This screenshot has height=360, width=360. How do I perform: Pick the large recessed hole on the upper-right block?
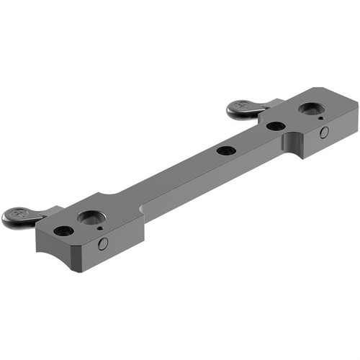pyautogui.click(x=310, y=109)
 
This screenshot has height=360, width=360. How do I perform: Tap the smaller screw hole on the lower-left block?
pyautogui.click(x=63, y=231)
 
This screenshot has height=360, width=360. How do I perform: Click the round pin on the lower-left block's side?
pyautogui.click(x=103, y=243)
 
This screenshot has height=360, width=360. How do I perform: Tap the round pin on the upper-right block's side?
pyautogui.click(x=325, y=132)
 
